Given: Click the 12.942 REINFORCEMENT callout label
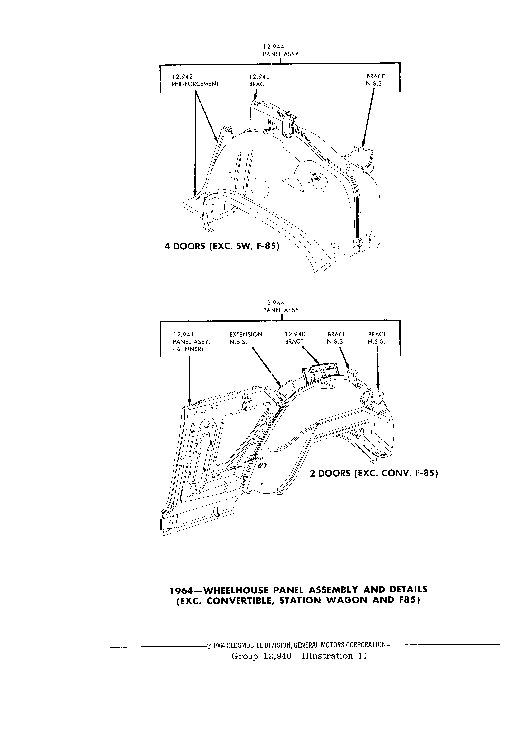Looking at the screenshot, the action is tap(195, 80).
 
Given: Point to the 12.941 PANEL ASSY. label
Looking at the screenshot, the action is tap(192, 338).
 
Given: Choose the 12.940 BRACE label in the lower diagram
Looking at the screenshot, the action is tap(295, 338).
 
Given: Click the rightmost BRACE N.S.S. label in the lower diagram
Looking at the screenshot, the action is tap(377, 338).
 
